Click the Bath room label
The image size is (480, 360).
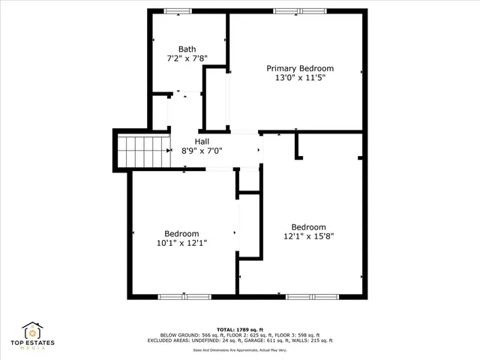coord(187,49)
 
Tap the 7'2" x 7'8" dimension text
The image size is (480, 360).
coord(187,58)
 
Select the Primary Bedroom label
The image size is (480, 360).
coord(300,68)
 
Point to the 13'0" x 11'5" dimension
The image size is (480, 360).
coord(300,76)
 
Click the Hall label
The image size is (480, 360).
coord(202,141)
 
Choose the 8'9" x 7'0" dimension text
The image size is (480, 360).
coord(202,150)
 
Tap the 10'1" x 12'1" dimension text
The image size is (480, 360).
coord(181,242)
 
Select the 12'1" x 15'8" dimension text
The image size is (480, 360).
coord(308,236)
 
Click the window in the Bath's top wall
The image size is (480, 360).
coord(177,10)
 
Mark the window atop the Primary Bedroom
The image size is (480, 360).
coord(300,10)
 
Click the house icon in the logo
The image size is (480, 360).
coord(32,331)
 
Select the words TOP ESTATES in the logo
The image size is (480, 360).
coord(32,344)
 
